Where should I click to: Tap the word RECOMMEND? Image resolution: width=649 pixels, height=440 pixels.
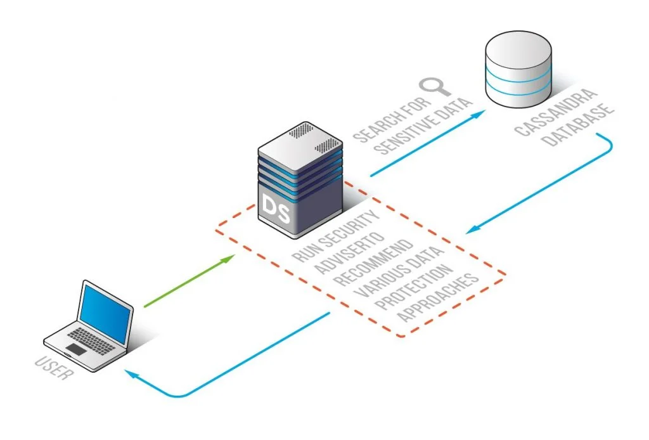click(375, 261)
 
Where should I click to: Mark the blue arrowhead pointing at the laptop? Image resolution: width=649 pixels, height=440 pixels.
click(130, 373)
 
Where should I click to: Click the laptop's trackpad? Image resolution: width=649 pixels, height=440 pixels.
click(77, 349)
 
